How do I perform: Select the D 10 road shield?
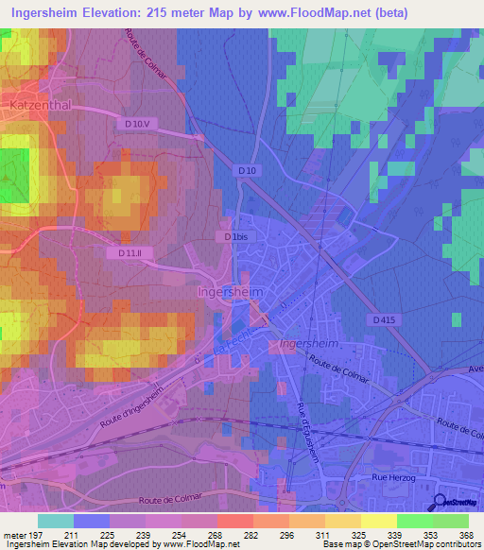247,170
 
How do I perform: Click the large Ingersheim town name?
229,292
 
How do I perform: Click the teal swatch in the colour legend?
55,521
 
